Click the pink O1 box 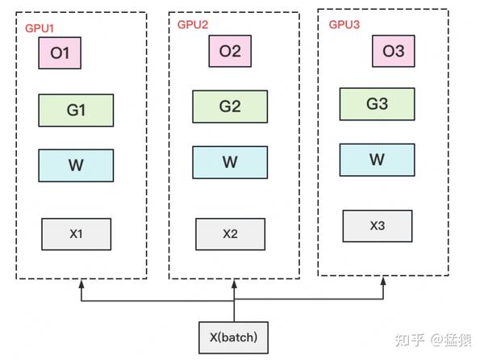pyautogui.click(x=60, y=54)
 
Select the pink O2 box pyautogui.click(x=230, y=52)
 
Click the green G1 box pyautogui.click(x=76, y=110)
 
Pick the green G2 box pyautogui.click(x=230, y=106)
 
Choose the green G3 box pyautogui.click(x=377, y=104)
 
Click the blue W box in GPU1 pyautogui.click(x=76, y=165)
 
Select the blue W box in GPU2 pyautogui.click(x=230, y=162)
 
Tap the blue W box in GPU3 pyautogui.click(x=377, y=159)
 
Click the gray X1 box pyautogui.click(x=76, y=234)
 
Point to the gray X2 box pyautogui.click(x=230, y=233)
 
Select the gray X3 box pyautogui.click(x=377, y=226)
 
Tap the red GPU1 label pyautogui.click(x=40, y=27)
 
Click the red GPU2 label pyautogui.click(x=193, y=25)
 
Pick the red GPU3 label pyautogui.click(x=344, y=24)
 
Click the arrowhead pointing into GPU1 pyautogui.click(x=81, y=284)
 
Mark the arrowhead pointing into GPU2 pyautogui.click(x=235, y=284)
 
